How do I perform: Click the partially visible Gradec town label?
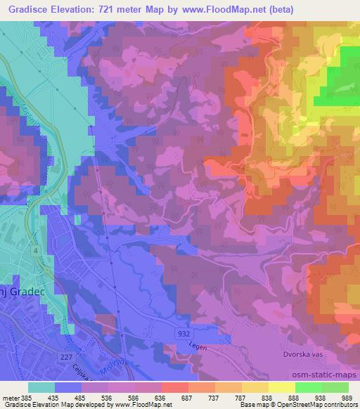(18, 291)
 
